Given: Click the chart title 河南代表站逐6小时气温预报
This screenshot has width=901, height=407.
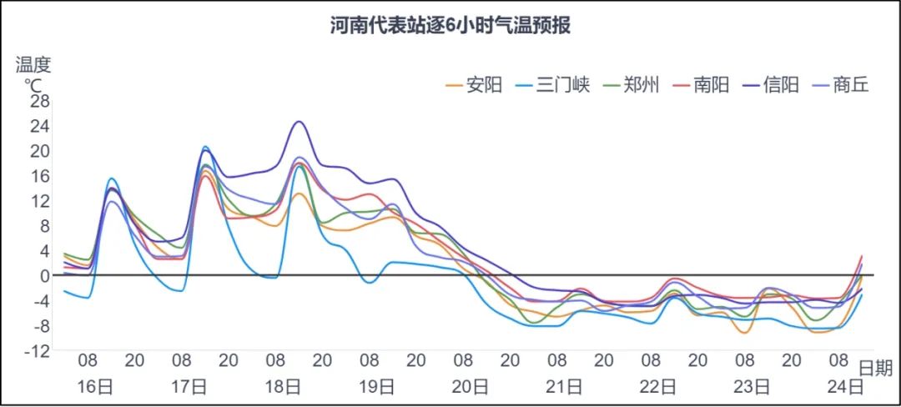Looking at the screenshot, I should [450, 25].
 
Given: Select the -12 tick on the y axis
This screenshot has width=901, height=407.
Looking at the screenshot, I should [37, 351].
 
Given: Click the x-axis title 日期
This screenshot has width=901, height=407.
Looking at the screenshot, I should [875, 369].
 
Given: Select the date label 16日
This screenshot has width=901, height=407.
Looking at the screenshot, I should [95, 387].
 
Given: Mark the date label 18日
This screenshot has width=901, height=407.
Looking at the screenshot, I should [283, 387].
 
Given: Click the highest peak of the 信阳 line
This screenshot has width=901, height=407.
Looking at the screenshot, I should [299, 122].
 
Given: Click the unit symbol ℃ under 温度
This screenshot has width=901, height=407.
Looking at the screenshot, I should [33, 84].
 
